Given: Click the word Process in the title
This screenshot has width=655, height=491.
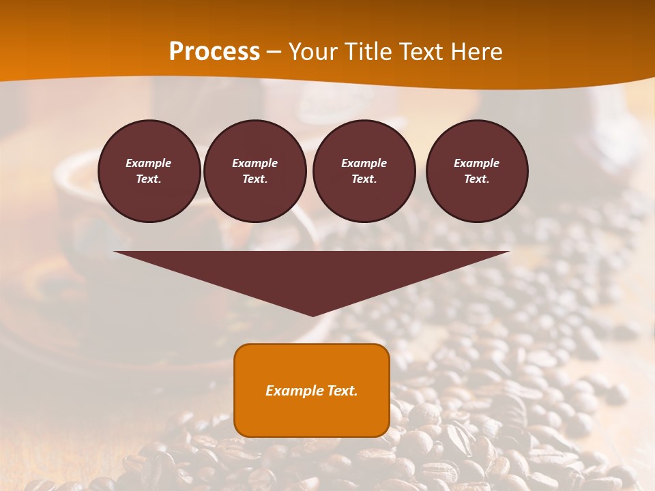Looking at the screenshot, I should (x=214, y=51).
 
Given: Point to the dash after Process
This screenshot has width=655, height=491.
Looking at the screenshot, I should (x=274, y=53).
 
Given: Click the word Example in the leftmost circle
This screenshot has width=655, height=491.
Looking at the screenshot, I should (x=149, y=163).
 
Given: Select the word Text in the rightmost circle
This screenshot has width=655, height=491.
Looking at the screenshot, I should (x=476, y=179).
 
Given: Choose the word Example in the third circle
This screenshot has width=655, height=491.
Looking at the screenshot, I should (x=364, y=163).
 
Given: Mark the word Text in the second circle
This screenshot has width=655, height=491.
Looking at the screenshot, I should (x=254, y=179).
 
